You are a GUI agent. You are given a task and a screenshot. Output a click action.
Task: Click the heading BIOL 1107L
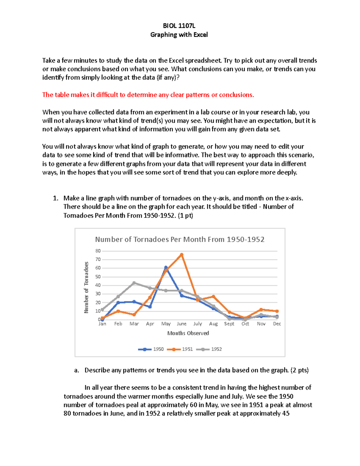pyautogui.click(x=179, y=26)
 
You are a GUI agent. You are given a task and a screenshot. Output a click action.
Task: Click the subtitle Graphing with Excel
pyautogui.click(x=179, y=35)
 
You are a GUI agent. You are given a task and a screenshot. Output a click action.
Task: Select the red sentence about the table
pyautogui.click(x=148, y=95)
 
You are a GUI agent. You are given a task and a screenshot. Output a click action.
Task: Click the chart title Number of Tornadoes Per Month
pyautogui.click(x=179, y=239)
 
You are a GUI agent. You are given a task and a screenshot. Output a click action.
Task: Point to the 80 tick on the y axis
pyautogui.click(x=98, y=251)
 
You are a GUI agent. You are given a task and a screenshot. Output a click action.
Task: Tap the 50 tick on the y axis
pyautogui.click(x=98, y=277)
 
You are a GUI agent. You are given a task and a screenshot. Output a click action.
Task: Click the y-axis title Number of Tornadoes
pyautogui.click(x=86, y=287)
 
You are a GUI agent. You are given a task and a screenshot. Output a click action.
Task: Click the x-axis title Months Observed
pyautogui.click(x=188, y=333)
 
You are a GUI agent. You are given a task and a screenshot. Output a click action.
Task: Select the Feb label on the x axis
pyautogui.click(x=118, y=324)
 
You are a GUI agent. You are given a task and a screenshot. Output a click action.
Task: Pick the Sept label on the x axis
pyautogui.click(x=229, y=324)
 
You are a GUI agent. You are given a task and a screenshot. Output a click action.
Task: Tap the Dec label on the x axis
pyautogui.click(x=277, y=324)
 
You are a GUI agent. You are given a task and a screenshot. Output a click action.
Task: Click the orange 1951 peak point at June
pyautogui.click(x=181, y=254)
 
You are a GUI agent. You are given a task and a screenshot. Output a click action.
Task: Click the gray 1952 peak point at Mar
pyautogui.click(x=134, y=283)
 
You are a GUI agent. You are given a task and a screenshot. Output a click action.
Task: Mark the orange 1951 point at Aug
pyautogui.click(x=213, y=296)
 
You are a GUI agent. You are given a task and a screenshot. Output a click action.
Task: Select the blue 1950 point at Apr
pyautogui.click(x=150, y=307)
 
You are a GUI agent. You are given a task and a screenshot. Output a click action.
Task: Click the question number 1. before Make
pyautogui.click(x=55, y=198)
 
